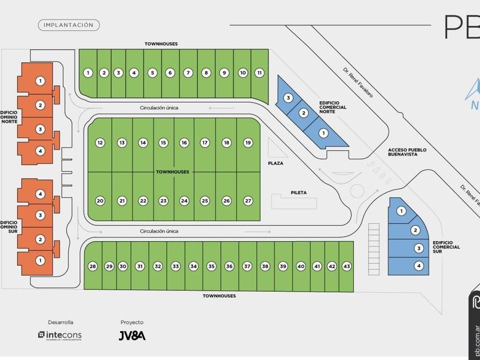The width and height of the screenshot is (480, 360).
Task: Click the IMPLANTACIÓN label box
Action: point(69,25)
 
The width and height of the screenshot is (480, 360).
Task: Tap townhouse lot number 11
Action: point(259,73)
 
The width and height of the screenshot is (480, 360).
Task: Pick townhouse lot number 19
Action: point(248,142)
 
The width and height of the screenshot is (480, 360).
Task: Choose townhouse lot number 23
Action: point(163,201)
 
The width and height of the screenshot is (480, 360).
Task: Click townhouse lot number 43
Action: point(346,266)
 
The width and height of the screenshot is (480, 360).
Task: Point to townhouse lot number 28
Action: point(93,266)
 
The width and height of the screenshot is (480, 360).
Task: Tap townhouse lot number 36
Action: point(229,266)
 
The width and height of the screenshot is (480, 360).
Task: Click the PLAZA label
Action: point(275,163)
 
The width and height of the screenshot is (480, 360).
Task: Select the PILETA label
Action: point(298,193)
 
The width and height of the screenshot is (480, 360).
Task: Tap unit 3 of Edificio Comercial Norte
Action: point(289,98)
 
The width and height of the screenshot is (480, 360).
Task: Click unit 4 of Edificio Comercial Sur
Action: point(419,265)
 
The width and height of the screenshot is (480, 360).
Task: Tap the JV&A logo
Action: point(132,335)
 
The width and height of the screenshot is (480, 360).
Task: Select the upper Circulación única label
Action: point(159,107)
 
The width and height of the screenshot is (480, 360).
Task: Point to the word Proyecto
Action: point(132,322)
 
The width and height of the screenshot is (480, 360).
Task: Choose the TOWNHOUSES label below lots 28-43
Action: point(219,296)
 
